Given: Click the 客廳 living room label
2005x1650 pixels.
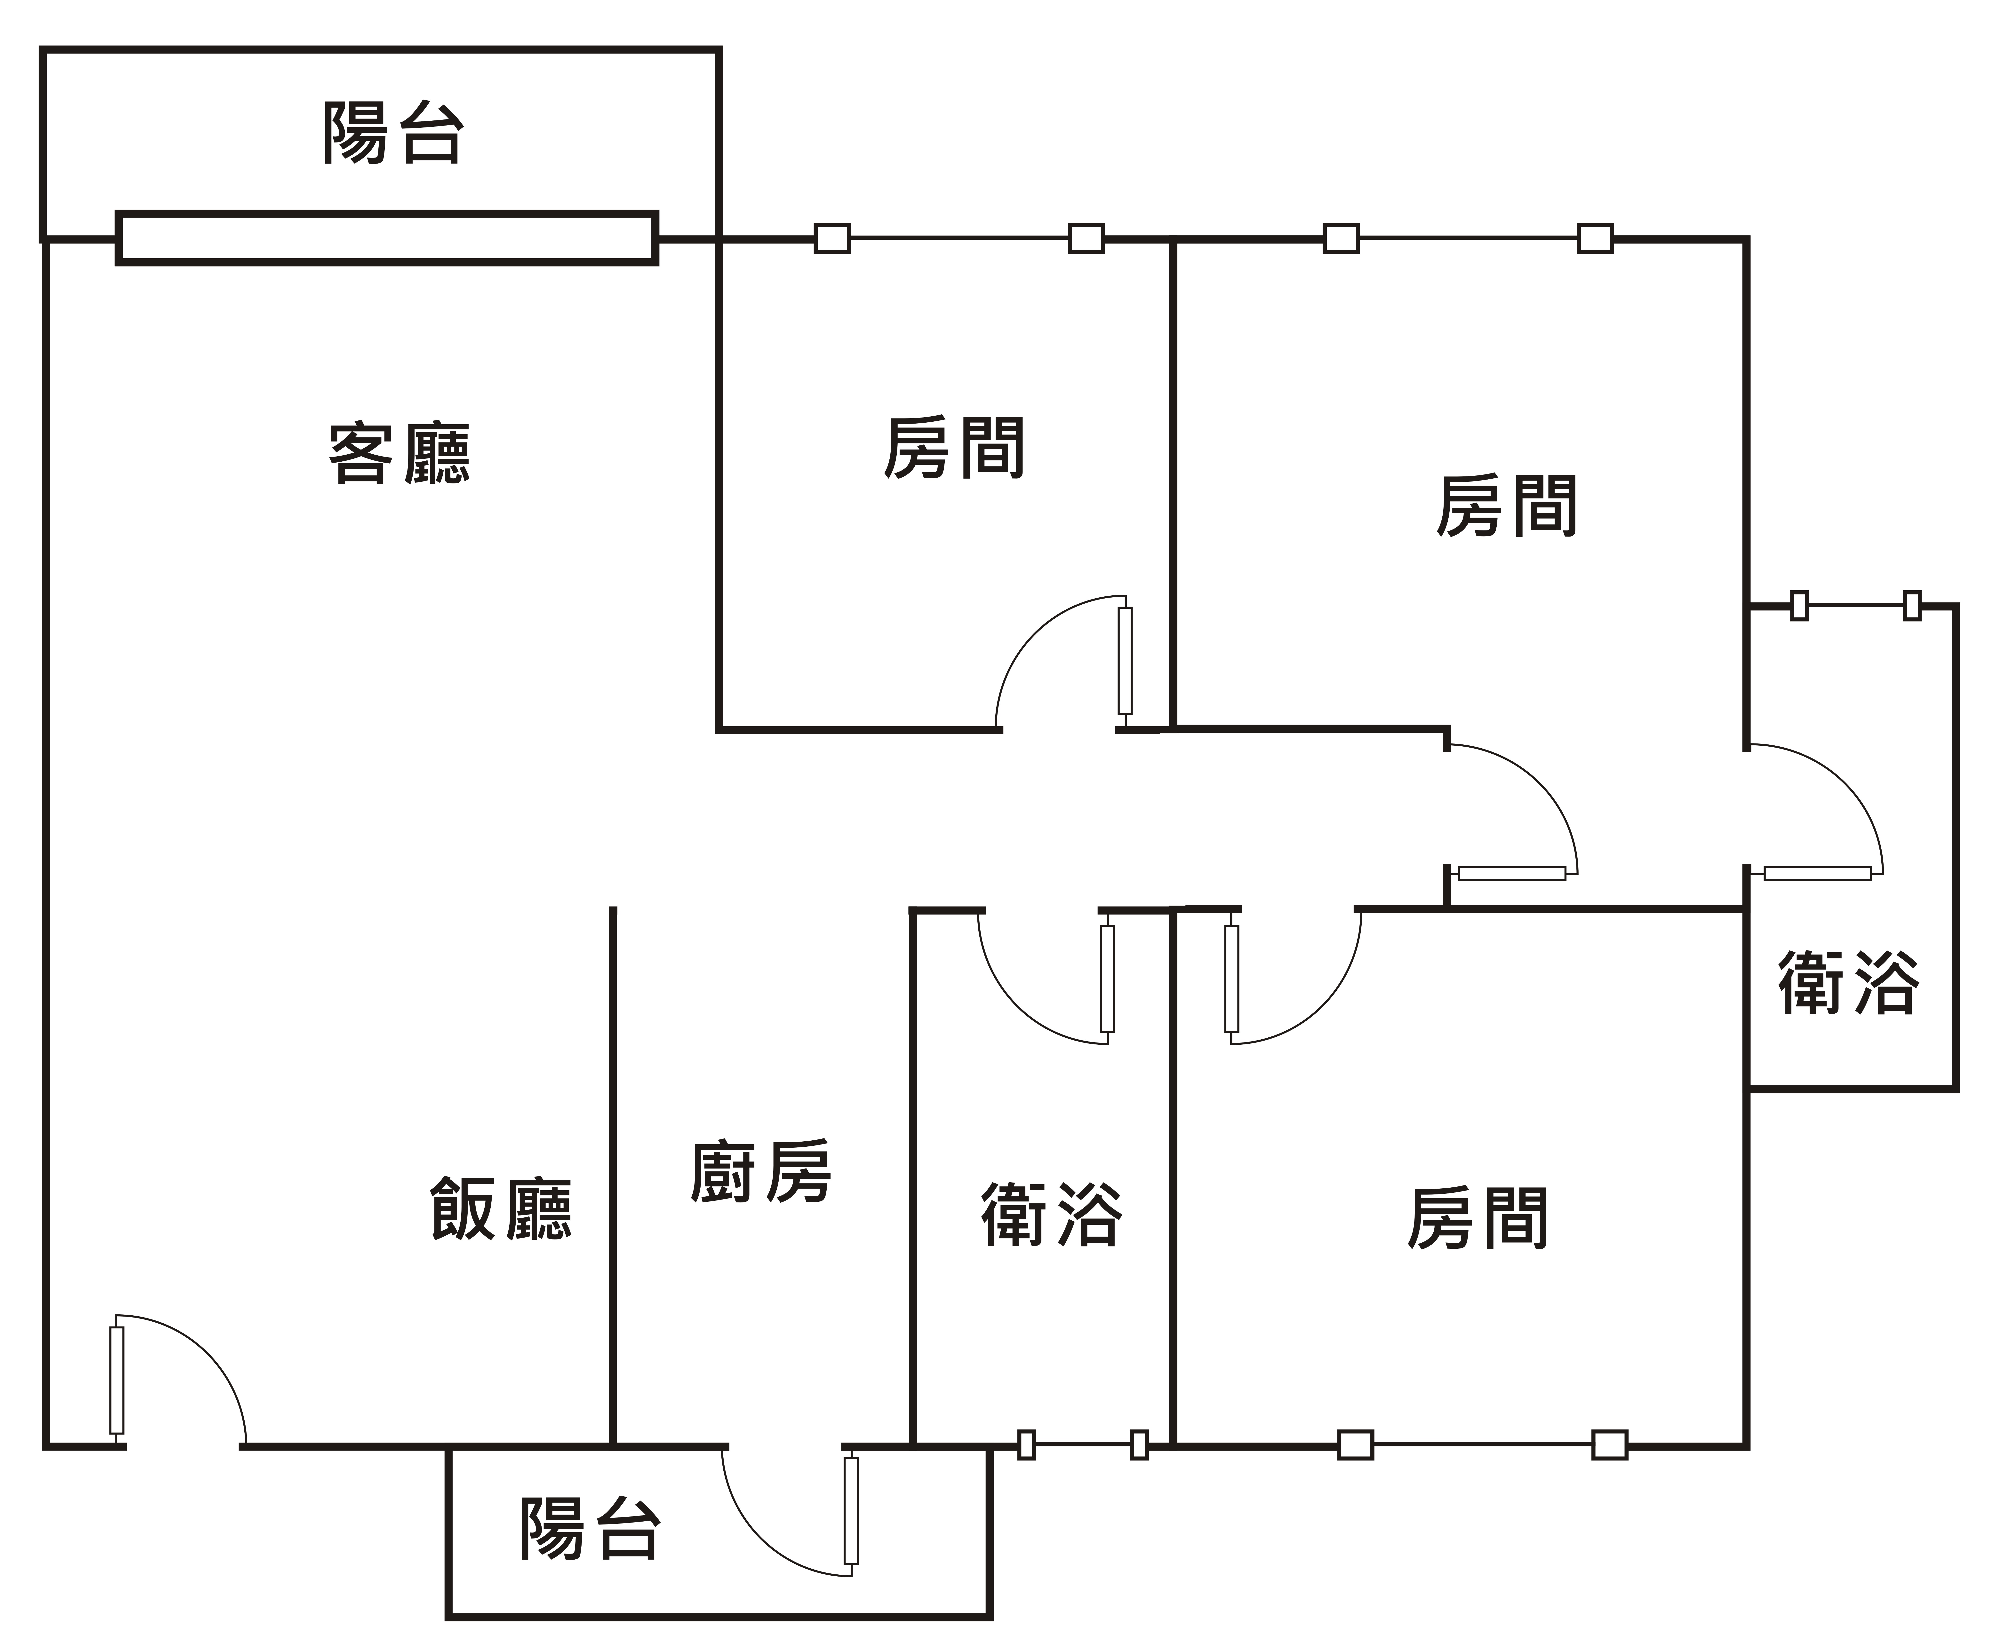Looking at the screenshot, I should pos(399,454).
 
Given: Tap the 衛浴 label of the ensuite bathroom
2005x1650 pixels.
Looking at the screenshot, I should pos(1848,983).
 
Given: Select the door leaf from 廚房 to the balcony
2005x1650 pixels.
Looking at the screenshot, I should pos(851,1510).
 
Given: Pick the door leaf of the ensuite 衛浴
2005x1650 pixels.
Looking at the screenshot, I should pos(1817,874).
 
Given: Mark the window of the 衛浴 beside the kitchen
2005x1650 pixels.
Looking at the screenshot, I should pos(1083,1445).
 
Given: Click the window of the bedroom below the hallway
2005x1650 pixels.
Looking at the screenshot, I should pos(1482,1445).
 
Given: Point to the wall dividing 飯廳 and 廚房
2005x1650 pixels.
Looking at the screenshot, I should pos(613,1179).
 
